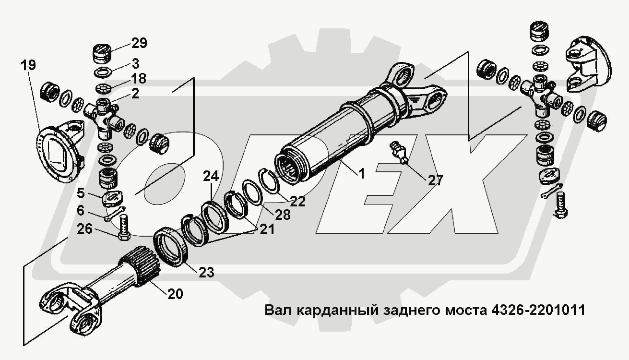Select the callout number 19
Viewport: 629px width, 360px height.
28,65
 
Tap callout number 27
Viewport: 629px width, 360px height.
435,180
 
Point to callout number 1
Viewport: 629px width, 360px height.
361,174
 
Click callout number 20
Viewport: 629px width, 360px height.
175,293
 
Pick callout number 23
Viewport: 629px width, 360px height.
206,272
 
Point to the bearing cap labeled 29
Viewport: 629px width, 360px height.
102,54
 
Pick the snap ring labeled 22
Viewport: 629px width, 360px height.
271,181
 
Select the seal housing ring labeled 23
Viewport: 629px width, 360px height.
172,247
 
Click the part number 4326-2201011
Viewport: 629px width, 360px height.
538,310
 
